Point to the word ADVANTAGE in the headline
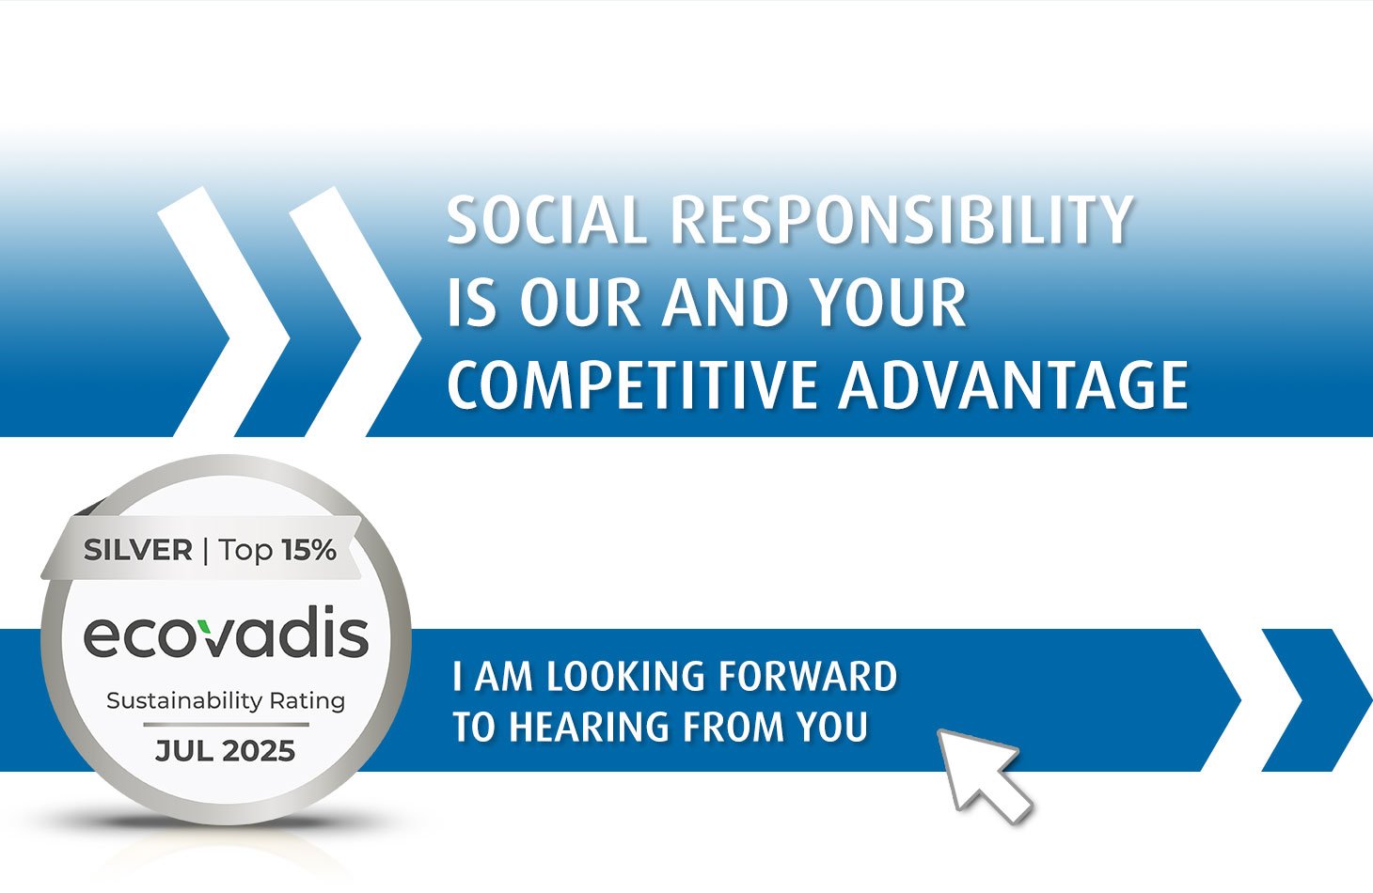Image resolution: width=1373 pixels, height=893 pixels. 1014,385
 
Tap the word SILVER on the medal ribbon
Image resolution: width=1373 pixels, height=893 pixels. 137,550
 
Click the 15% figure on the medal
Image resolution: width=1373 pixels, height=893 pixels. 308,550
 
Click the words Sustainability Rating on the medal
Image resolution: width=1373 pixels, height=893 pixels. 226,700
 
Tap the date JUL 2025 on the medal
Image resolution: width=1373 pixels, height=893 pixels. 226,751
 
